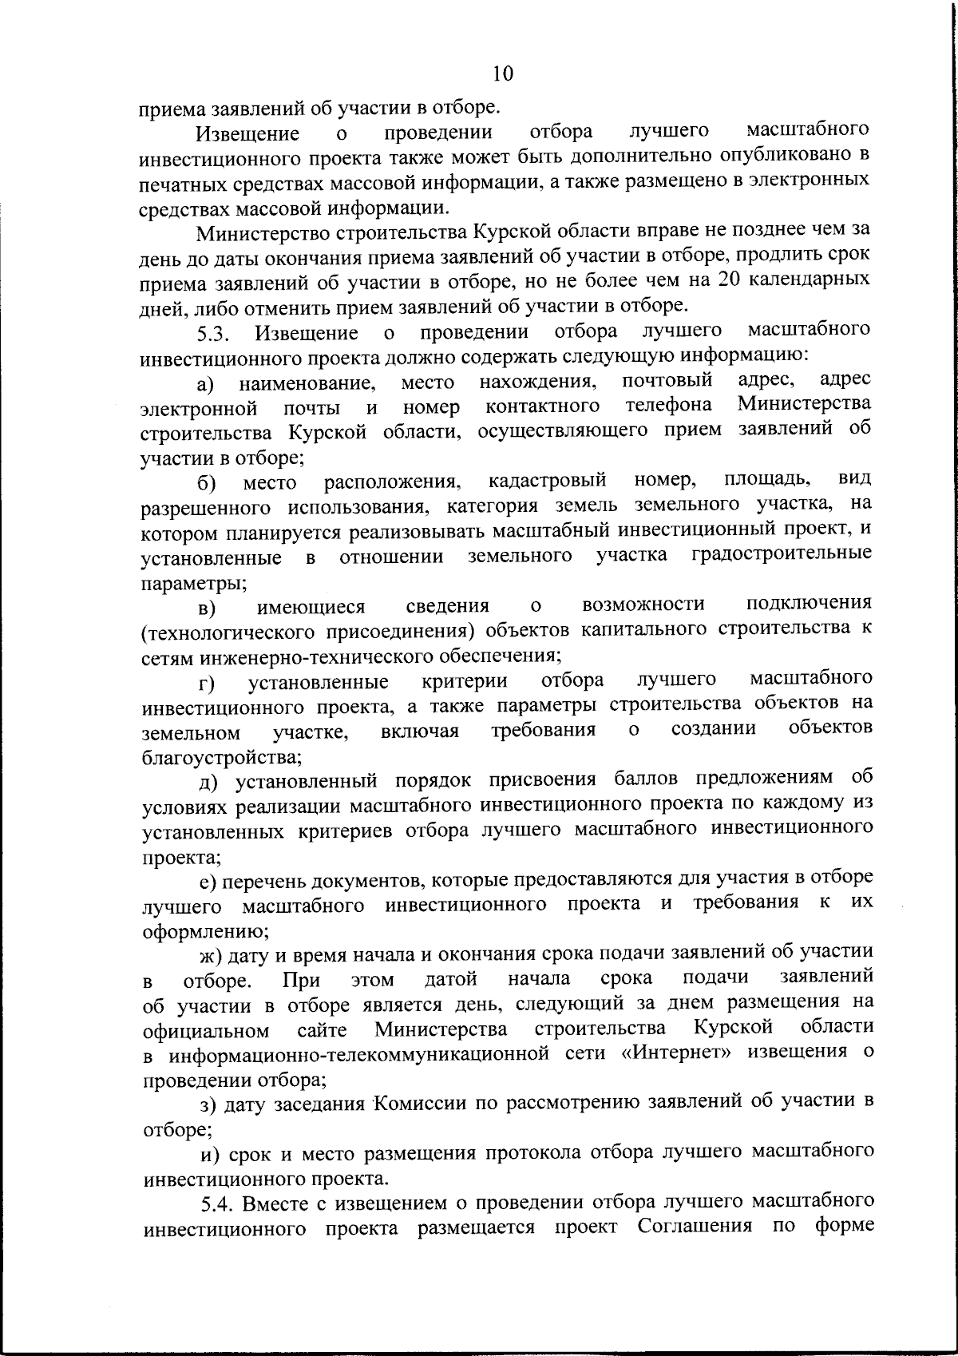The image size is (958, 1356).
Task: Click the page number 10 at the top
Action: point(503,73)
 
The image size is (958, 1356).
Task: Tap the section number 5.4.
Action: point(218,1203)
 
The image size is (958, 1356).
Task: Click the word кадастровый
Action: point(548,482)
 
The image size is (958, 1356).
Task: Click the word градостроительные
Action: point(781,555)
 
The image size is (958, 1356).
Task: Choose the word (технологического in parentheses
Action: point(228,654)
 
